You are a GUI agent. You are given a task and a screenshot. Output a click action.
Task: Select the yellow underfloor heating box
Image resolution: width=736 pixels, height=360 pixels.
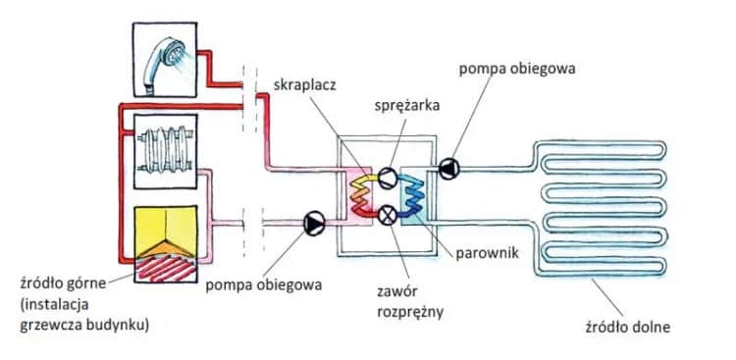pos(163,226)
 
